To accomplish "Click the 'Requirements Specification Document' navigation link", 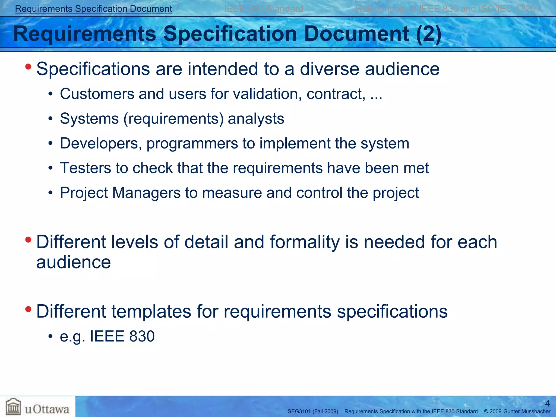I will tap(93, 9).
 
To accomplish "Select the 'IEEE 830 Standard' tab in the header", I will tap(263, 9).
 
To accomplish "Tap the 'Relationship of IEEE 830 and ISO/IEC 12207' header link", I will tap(448, 9).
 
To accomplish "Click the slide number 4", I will tap(547, 403).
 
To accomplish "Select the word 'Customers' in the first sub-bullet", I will tap(97, 94).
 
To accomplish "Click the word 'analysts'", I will tap(256, 119).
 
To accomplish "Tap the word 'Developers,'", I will tap(101, 143).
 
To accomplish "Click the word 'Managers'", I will tap(146, 193).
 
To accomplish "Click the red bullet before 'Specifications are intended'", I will tap(28, 67).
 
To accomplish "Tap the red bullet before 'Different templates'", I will tap(28, 309).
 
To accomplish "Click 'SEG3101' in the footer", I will tap(299, 412).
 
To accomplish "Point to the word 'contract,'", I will tap(336, 94).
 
